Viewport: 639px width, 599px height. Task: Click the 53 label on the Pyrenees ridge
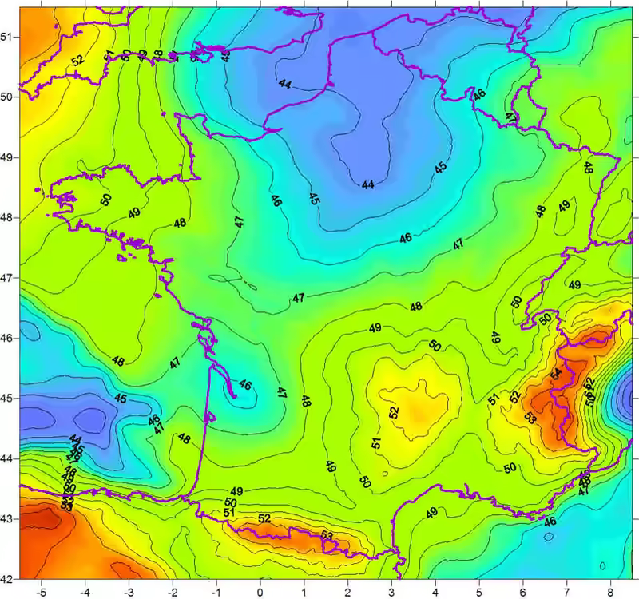pyautogui.click(x=327, y=535)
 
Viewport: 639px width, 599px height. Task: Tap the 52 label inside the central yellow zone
pyautogui.click(x=393, y=412)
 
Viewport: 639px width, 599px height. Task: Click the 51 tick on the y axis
pyautogui.click(x=7, y=37)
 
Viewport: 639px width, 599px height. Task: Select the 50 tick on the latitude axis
pyautogui.click(x=7, y=97)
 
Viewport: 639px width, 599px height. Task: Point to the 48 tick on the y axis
pyautogui.click(x=7, y=217)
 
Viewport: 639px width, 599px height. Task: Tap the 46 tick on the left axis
pyautogui.click(x=7, y=338)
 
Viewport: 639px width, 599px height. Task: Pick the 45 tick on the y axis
pyautogui.click(x=7, y=398)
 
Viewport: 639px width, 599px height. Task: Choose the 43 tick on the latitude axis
pyautogui.click(x=7, y=518)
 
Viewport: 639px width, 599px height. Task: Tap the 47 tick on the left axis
pyautogui.click(x=7, y=277)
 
